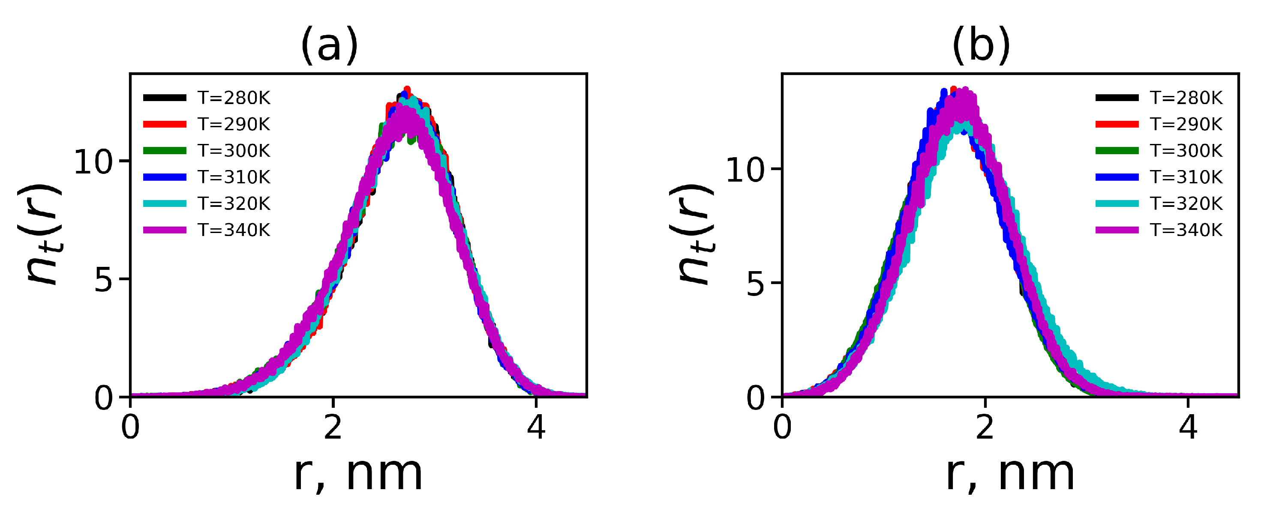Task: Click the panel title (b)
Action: coord(982,45)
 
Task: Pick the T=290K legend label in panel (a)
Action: coord(234,124)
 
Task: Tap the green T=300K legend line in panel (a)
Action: coord(165,151)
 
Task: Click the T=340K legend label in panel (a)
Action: coord(234,230)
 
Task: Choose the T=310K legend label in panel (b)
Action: coord(1186,177)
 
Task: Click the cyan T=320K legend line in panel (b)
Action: coord(1117,203)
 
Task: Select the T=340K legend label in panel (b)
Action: coord(1186,230)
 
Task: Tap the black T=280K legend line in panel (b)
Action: coord(1117,98)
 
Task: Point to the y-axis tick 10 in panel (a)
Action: coord(93,162)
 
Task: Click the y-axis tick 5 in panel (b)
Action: coord(755,283)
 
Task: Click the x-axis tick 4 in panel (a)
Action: coord(536,427)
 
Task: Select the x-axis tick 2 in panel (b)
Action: coord(985,427)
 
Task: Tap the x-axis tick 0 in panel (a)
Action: coord(130,427)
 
